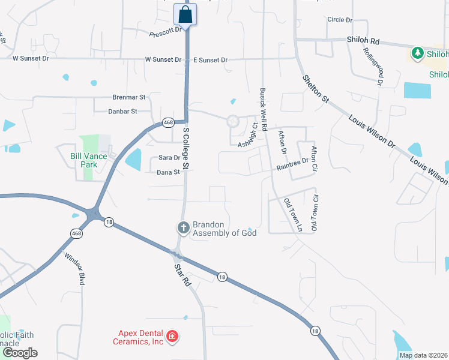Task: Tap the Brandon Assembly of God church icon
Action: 183,228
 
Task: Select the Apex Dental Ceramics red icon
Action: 172,337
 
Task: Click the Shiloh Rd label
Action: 364,40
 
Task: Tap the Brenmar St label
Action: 129,97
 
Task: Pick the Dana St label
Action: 168,172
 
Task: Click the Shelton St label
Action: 316,89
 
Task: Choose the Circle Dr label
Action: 340,20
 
